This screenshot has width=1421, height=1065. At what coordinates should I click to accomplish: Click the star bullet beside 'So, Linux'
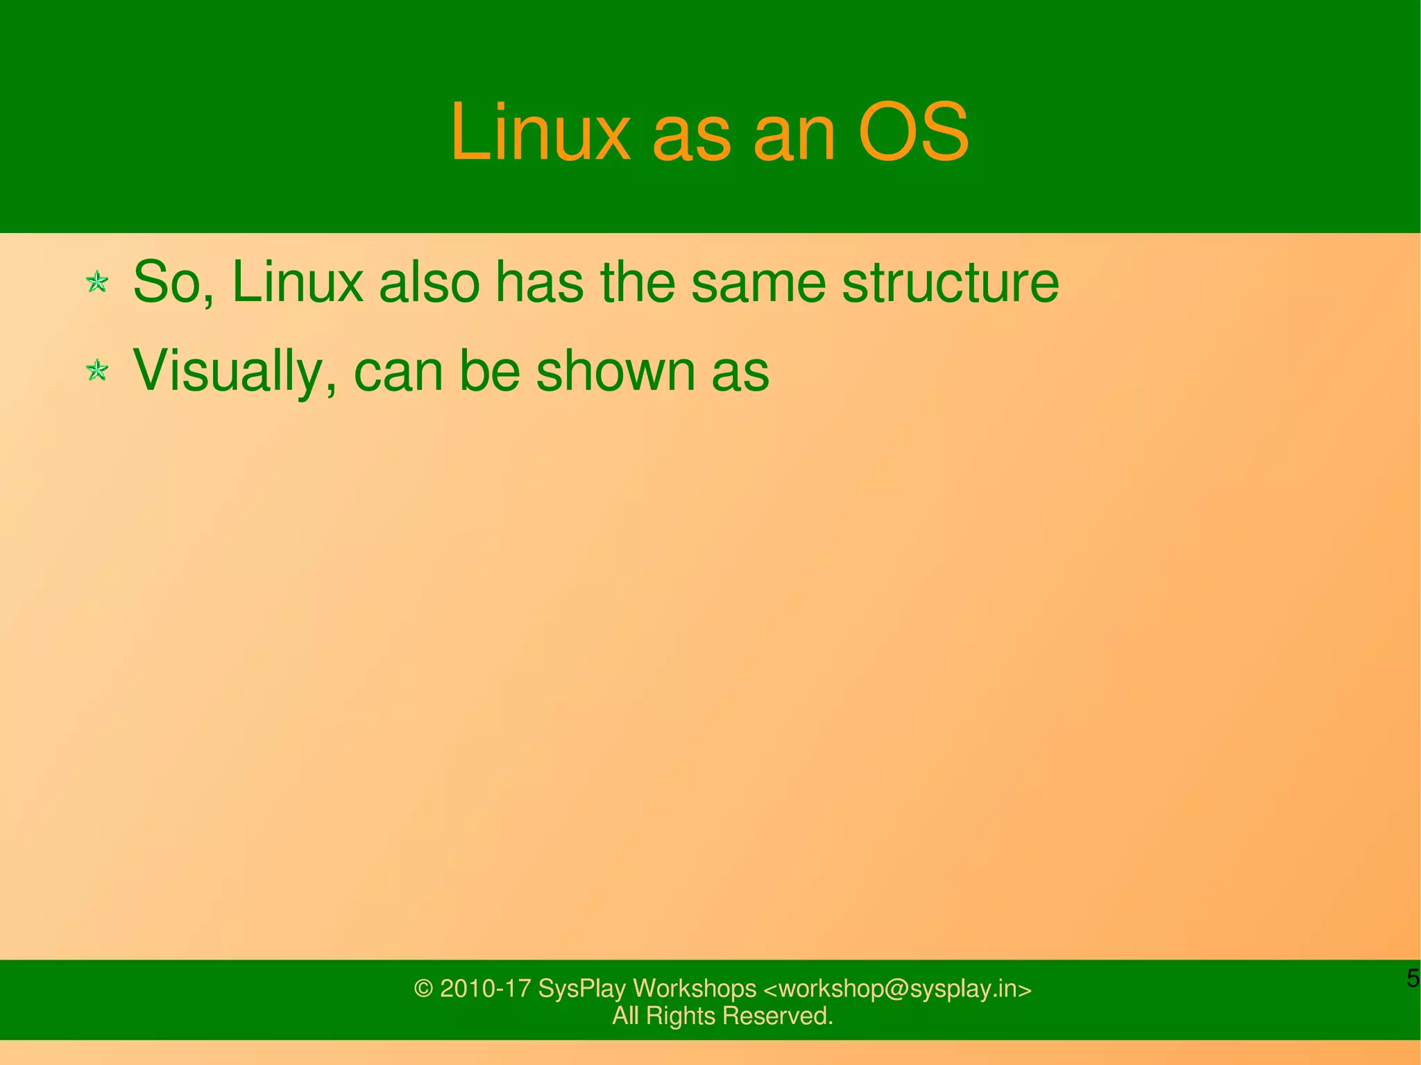[97, 282]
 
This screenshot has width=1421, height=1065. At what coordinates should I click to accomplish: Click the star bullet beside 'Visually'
[97, 370]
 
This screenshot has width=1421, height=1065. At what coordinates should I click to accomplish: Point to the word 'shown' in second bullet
[615, 370]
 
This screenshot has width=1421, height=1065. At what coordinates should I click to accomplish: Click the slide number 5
[1413, 978]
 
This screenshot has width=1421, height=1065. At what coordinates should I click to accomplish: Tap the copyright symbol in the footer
[423, 989]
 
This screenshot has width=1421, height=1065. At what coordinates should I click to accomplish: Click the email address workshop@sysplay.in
[897, 989]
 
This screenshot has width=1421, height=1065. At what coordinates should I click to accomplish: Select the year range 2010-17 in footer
[486, 989]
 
